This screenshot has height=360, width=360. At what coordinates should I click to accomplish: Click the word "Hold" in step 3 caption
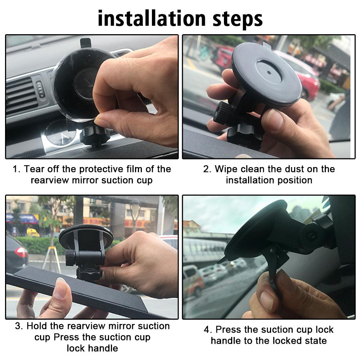(38, 326)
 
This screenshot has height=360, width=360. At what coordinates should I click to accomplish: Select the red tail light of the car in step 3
(21, 252)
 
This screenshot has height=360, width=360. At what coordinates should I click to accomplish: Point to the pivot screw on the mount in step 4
(311, 236)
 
